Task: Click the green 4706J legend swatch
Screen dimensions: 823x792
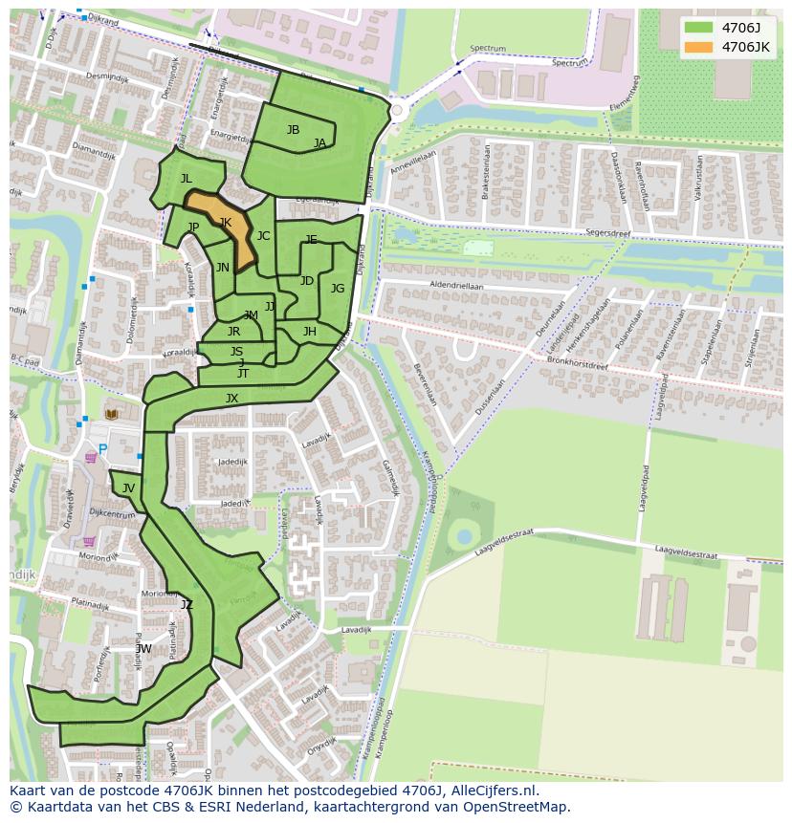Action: tap(699, 28)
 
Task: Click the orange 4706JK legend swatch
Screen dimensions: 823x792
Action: tap(699, 47)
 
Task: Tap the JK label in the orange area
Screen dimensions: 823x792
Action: tap(226, 223)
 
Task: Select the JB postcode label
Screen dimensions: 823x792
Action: tap(293, 130)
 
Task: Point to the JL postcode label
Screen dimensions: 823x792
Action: tap(187, 179)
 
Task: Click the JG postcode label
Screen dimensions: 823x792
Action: tap(338, 289)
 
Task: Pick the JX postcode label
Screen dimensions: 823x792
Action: tap(231, 399)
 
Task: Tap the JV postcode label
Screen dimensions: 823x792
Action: tap(128, 488)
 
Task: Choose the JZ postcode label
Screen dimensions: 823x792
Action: tap(187, 604)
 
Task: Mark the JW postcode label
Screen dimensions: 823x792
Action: tap(143, 649)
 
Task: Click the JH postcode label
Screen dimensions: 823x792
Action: tap(309, 332)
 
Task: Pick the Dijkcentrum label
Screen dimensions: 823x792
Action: tap(112, 514)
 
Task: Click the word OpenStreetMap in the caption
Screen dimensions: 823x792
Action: tap(516, 807)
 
